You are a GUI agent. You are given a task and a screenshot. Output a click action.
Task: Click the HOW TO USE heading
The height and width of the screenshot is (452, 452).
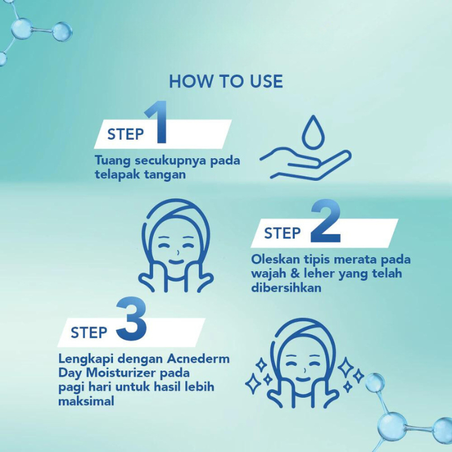225,81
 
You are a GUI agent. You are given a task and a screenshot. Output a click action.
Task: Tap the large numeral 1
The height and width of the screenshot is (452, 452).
157,122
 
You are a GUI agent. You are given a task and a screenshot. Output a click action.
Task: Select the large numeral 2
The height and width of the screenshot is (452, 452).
325,221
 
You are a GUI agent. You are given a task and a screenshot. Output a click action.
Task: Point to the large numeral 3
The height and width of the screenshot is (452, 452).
132,319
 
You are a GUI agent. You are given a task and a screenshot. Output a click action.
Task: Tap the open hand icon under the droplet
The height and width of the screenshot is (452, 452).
306,164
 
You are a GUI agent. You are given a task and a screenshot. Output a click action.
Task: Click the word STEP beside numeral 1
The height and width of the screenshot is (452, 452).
125,134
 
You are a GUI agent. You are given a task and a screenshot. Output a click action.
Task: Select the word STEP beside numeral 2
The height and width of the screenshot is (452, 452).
282,233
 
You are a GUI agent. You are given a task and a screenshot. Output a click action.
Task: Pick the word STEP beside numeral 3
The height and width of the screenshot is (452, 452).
89,333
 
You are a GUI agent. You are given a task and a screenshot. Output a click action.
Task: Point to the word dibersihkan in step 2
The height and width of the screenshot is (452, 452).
286,288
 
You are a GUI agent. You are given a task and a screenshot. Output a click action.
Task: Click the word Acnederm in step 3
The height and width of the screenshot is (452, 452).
198,359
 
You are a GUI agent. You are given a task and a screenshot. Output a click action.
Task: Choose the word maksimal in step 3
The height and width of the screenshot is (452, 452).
86,401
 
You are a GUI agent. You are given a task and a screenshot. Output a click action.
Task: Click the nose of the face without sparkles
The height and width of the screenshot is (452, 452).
178,253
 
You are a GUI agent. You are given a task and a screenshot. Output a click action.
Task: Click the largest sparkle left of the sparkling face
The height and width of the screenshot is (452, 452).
253,384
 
